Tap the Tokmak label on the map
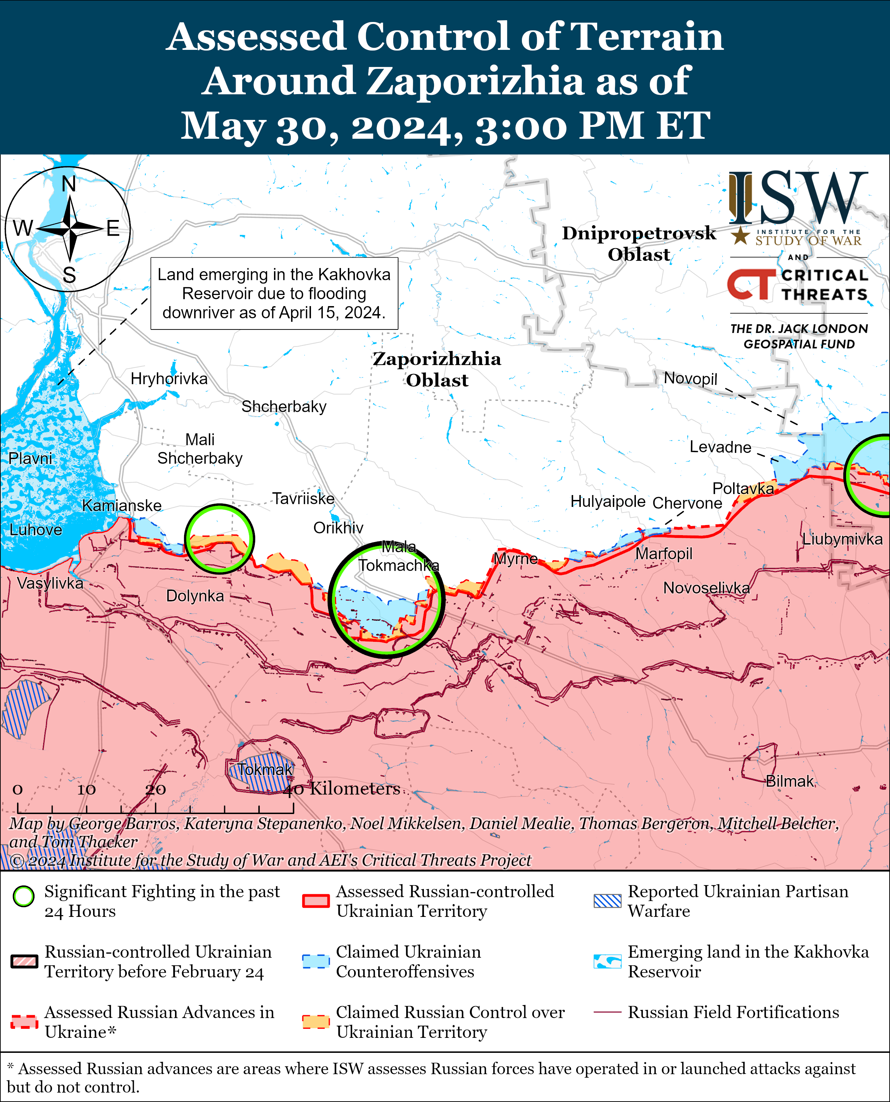tap(265, 769)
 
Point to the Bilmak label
tap(790, 781)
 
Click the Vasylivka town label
tap(50, 583)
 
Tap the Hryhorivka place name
tap(169, 379)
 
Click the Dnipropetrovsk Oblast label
tap(639, 243)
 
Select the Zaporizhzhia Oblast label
tap(437, 369)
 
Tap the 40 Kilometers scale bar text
tap(342, 788)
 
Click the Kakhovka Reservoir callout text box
tap(274, 293)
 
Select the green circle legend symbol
tap(24, 896)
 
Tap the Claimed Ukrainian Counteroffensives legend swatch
tap(315, 962)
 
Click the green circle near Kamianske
tap(219, 538)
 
